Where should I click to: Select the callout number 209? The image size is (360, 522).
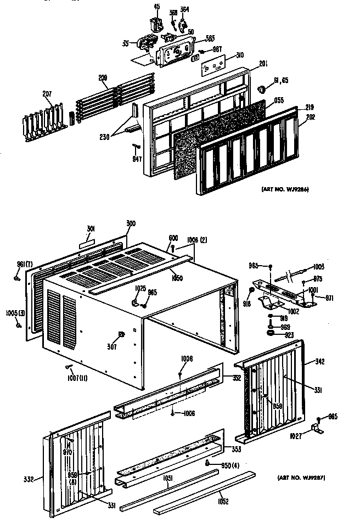(103, 78)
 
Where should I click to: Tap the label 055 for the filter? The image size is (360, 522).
(279, 100)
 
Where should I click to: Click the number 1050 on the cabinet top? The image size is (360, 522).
(176, 278)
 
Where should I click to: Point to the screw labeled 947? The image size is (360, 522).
(136, 147)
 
